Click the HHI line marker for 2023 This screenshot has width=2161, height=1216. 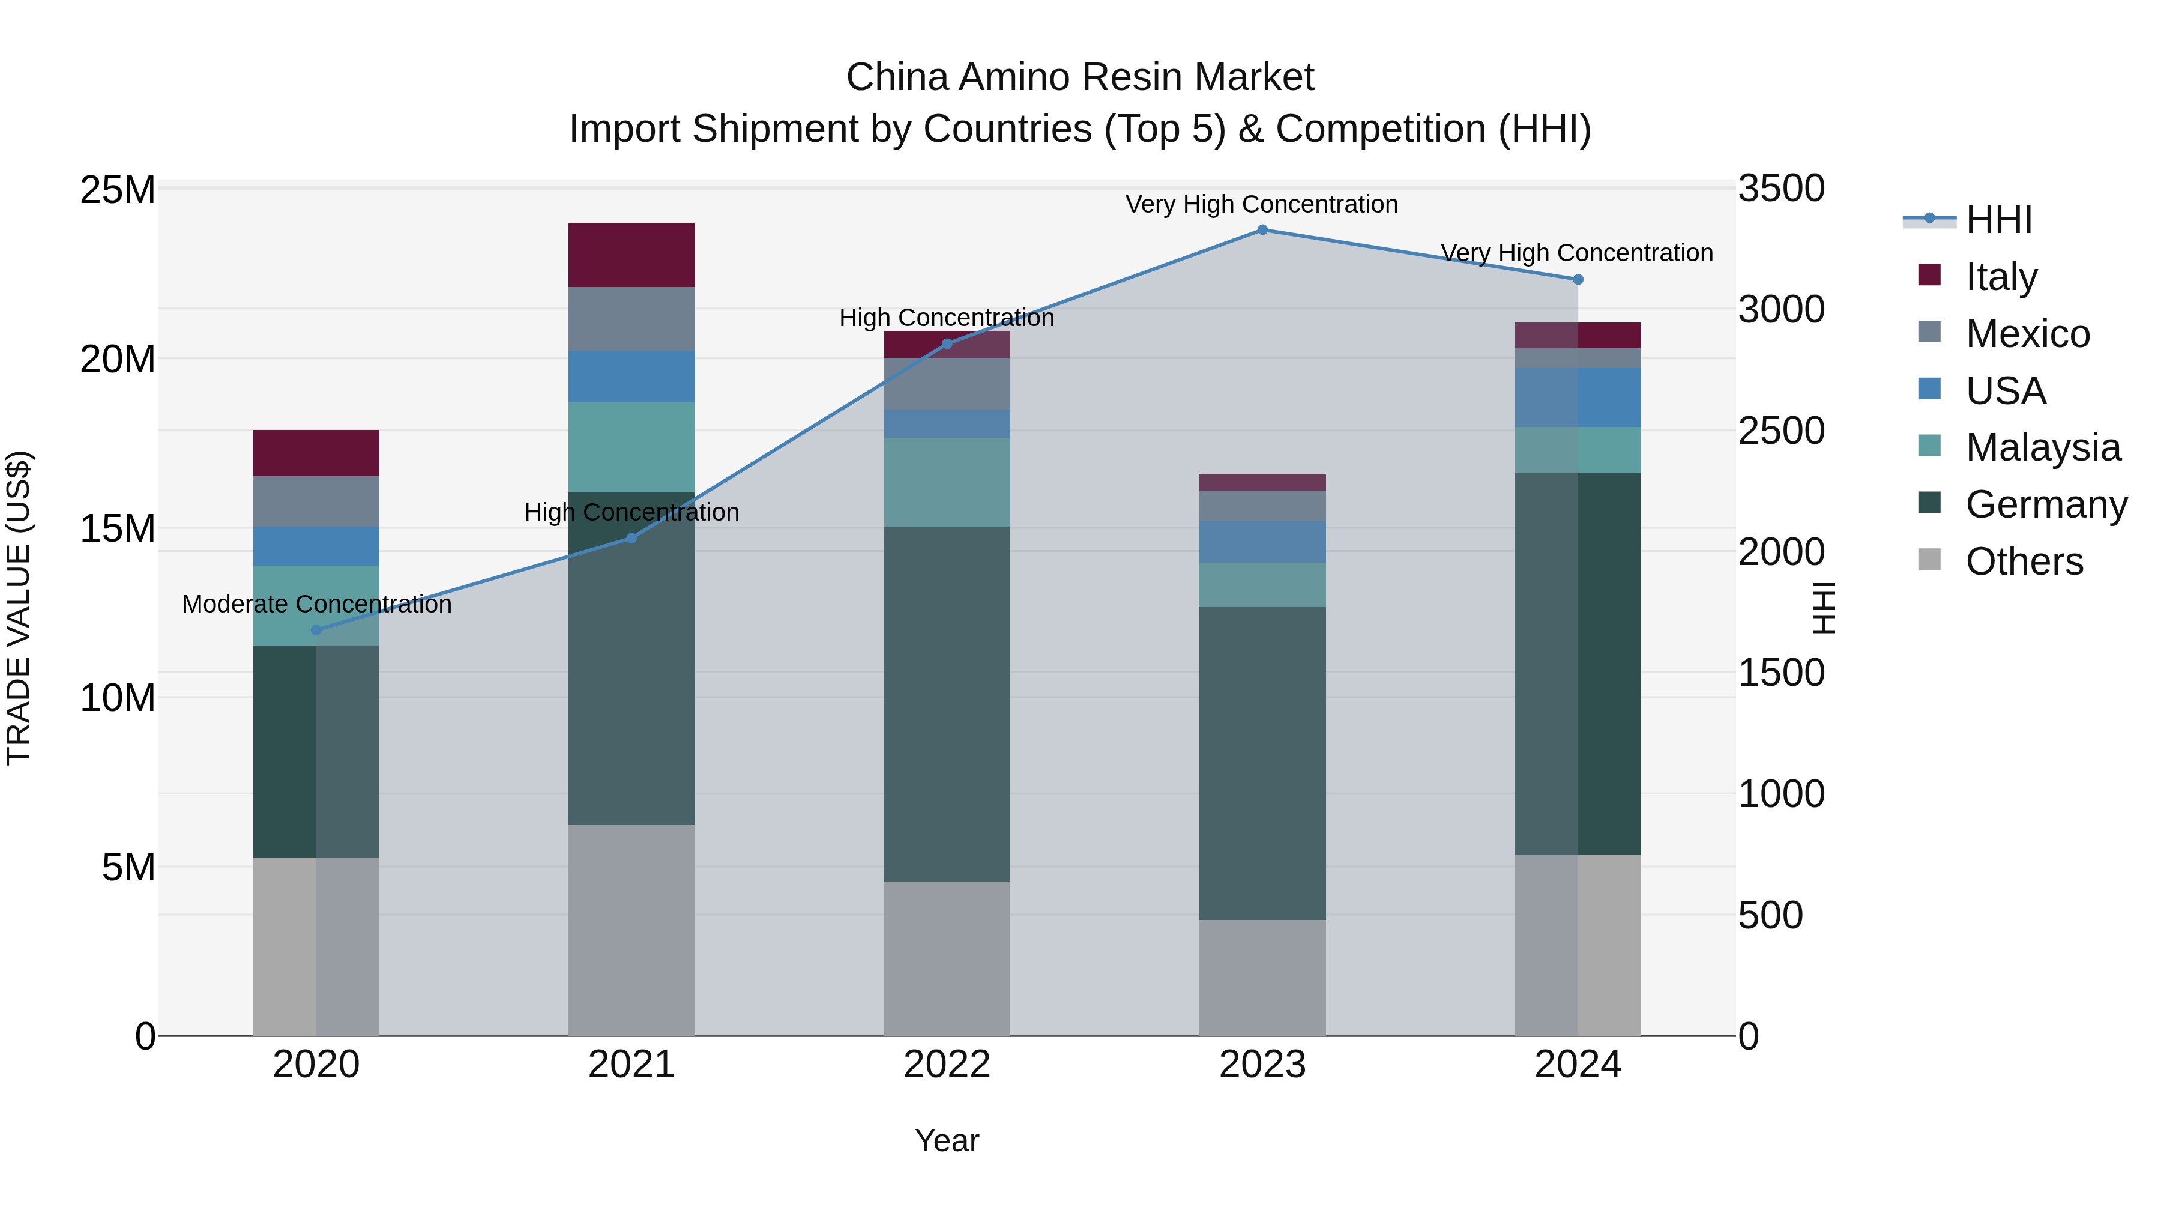click(1262, 229)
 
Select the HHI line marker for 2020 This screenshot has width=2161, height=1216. click(316, 631)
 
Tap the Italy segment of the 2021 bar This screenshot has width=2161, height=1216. click(631, 255)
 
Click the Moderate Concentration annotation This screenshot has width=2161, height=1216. click(316, 604)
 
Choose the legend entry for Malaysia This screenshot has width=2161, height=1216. click(2042, 447)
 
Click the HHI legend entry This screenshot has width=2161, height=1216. click(1998, 220)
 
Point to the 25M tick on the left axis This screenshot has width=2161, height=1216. click(118, 190)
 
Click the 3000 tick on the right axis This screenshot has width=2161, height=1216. click(1780, 310)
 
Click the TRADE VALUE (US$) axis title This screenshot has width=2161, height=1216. click(19, 608)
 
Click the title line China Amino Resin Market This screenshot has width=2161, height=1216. click(1080, 77)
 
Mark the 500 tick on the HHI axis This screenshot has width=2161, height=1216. click(1770, 915)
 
